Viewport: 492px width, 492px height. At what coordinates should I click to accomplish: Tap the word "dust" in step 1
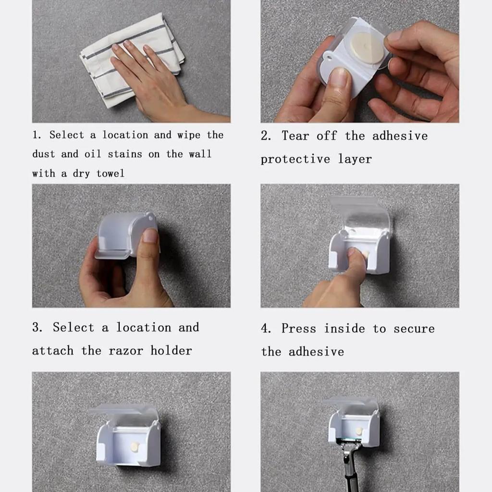click(44, 154)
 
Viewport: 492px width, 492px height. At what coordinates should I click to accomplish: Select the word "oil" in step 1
click(93, 154)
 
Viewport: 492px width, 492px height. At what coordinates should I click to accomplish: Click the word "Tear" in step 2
click(295, 135)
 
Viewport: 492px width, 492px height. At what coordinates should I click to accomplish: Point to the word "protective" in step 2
click(295, 159)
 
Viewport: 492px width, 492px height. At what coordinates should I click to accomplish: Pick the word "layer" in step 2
click(355, 159)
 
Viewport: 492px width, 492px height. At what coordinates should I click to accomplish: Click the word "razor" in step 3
click(126, 350)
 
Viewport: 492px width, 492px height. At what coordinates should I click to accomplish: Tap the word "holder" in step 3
click(171, 350)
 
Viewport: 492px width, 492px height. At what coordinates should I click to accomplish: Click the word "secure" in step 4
click(414, 329)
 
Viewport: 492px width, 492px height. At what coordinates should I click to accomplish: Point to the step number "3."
click(37, 327)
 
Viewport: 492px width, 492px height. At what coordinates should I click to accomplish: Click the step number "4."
click(266, 328)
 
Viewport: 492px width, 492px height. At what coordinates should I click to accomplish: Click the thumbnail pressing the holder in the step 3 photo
click(150, 236)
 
